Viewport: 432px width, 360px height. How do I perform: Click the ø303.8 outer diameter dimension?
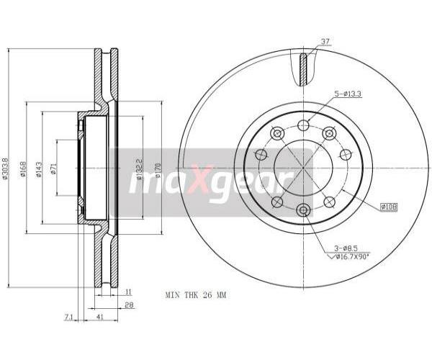tap(5, 168)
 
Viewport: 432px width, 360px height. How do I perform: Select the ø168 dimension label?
tap(23, 168)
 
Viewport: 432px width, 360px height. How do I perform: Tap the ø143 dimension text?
tap(39, 169)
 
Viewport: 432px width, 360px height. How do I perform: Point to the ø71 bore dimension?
tap(53, 168)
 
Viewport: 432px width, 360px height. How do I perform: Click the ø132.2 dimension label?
tap(140, 168)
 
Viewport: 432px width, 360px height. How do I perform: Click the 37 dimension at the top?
tap(325, 42)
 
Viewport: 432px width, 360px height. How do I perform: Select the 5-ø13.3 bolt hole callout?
tap(348, 94)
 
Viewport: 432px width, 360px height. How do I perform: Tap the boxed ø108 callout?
tap(389, 207)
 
